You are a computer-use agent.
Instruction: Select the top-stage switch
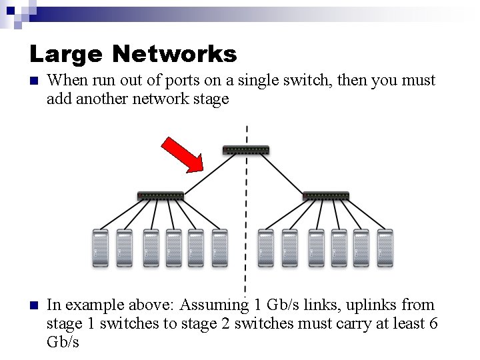(x=247, y=149)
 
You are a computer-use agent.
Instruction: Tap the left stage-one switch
(x=161, y=196)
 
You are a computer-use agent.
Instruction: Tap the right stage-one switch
(x=325, y=196)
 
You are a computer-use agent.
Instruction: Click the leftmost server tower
(x=100, y=249)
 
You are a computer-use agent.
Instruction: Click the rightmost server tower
(x=385, y=249)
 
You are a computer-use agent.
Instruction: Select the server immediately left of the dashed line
(x=219, y=249)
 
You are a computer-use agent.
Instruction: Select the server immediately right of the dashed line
(x=266, y=249)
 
